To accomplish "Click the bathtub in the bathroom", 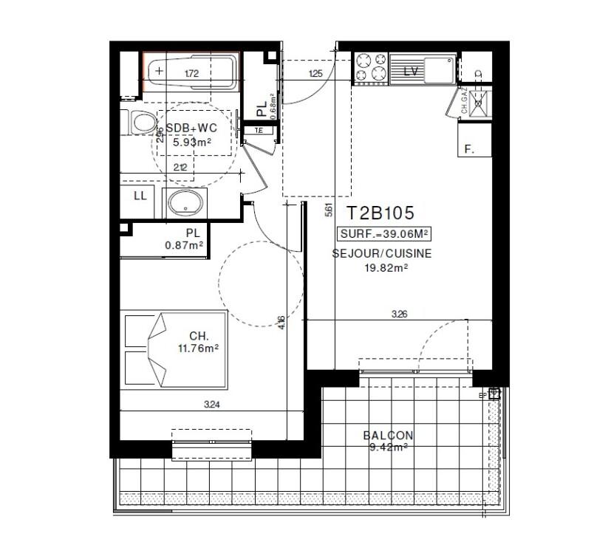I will (191, 73).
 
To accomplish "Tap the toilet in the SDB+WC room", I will (140, 123).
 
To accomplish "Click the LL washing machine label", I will (140, 196).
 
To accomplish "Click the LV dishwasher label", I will (412, 72).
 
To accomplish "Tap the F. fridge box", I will (474, 141).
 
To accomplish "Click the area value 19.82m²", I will (382, 268).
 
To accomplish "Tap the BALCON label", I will (388, 436).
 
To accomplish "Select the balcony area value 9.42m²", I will (388, 447).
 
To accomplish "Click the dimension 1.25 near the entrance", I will (316, 73).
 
